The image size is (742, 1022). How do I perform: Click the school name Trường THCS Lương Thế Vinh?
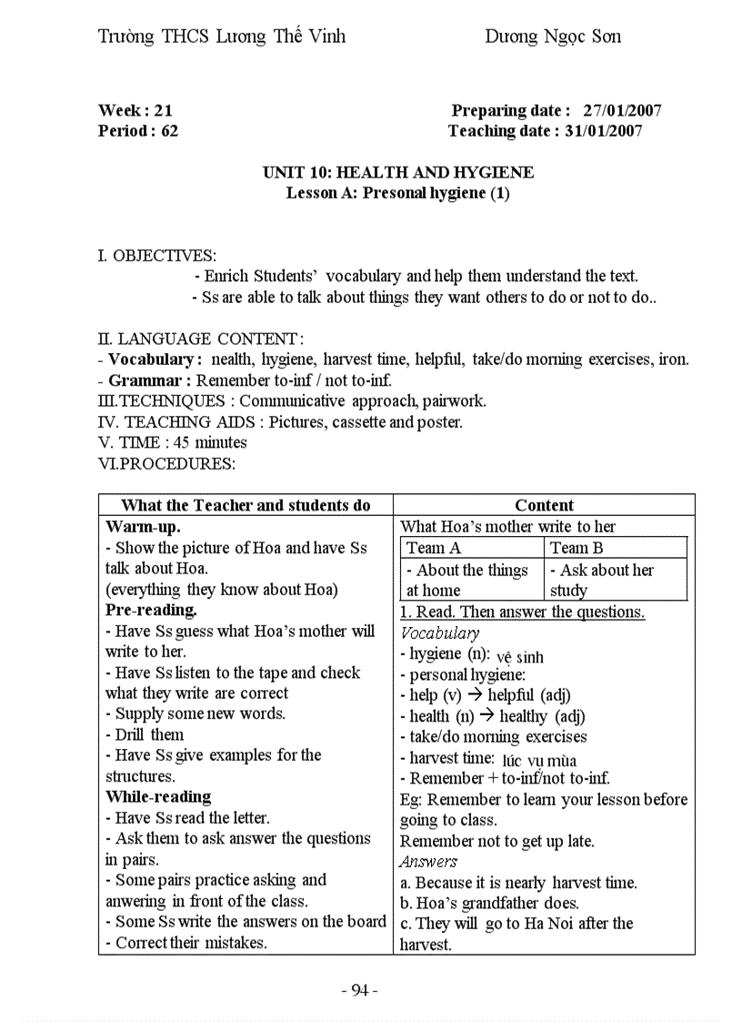tap(221, 36)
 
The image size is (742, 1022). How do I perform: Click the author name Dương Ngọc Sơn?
tap(552, 36)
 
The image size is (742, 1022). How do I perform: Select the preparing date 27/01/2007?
tap(622, 111)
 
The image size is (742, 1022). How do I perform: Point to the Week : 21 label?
tap(135, 111)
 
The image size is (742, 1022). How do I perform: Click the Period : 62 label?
tap(138, 131)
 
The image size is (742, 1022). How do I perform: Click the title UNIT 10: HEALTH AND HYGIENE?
tap(398, 172)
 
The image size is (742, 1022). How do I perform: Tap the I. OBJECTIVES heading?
tap(156, 256)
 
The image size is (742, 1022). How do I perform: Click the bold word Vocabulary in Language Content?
tap(150, 359)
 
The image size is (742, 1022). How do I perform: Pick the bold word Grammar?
tap(145, 380)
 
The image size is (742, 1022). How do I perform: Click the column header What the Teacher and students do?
tap(246, 505)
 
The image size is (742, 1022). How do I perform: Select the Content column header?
tap(544, 505)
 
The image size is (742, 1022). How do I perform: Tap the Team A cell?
tap(434, 548)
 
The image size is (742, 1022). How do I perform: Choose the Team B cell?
tap(577, 548)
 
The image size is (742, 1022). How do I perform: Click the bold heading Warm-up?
tap(143, 527)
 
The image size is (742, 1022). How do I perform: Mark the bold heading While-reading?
tap(158, 796)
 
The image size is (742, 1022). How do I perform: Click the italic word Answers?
tap(428, 862)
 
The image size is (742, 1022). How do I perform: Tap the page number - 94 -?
tap(359, 990)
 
